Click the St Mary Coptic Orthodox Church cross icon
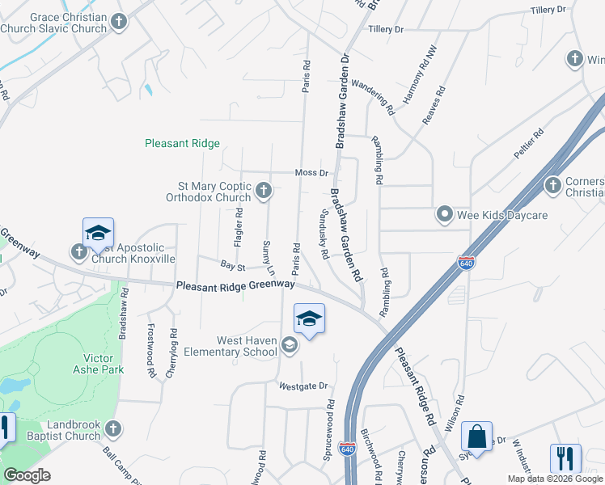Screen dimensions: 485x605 tap(263, 191)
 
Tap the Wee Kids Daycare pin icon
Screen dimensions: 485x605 tap(444, 215)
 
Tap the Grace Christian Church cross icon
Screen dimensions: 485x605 tap(120, 22)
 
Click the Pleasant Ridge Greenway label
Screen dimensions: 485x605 tap(235, 285)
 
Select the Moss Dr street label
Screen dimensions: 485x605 tap(311, 173)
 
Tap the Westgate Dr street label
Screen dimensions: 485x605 tap(303, 386)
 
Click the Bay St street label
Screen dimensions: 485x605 tap(233, 264)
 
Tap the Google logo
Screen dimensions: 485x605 tap(27, 474)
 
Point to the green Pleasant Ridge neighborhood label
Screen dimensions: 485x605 tap(182, 143)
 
